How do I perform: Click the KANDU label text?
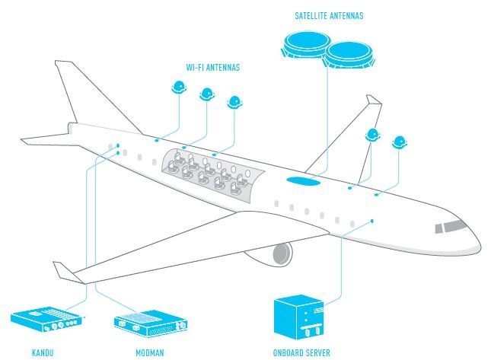click(x=43, y=352)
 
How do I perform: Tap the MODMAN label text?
click(x=149, y=352)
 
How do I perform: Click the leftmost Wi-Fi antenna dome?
click(x=180, y=88)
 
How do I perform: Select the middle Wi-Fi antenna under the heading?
click(x=207, y=94)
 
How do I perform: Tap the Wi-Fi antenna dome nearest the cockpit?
click(x=399, y=142)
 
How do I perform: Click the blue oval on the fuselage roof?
click(x=303, y=181)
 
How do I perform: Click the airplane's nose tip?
click(x=480, y=245)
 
